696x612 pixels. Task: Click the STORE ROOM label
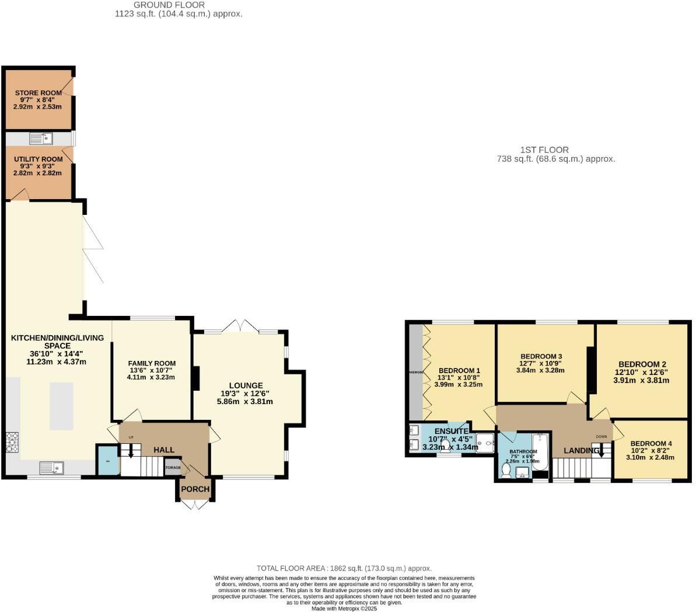click(x=39, y=93)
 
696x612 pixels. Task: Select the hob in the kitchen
click(x=12, y=442)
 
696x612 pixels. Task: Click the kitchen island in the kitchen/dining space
click(x=61, y=405)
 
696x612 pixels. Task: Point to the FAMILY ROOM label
click(x=152, y=363)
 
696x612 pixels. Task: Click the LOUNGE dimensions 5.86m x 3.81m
click(x=245, y=402)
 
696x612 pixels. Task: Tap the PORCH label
click(x=195, y=489)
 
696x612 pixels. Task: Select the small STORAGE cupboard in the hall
click(x=173, y=468)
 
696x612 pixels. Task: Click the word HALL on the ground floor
click(x=164, y=450)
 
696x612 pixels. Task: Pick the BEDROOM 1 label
click(x=459, y=370)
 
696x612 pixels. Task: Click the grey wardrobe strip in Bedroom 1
click(x=415, y=371)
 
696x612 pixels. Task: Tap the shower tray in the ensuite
click(x=484, y=443)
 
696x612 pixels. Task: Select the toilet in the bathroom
click(x=505, y=469)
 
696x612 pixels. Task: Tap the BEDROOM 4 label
click(x=650, y=444)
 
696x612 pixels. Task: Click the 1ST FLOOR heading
click(x=544, y=150)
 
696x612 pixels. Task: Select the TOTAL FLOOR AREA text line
click(x=344, y=568)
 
